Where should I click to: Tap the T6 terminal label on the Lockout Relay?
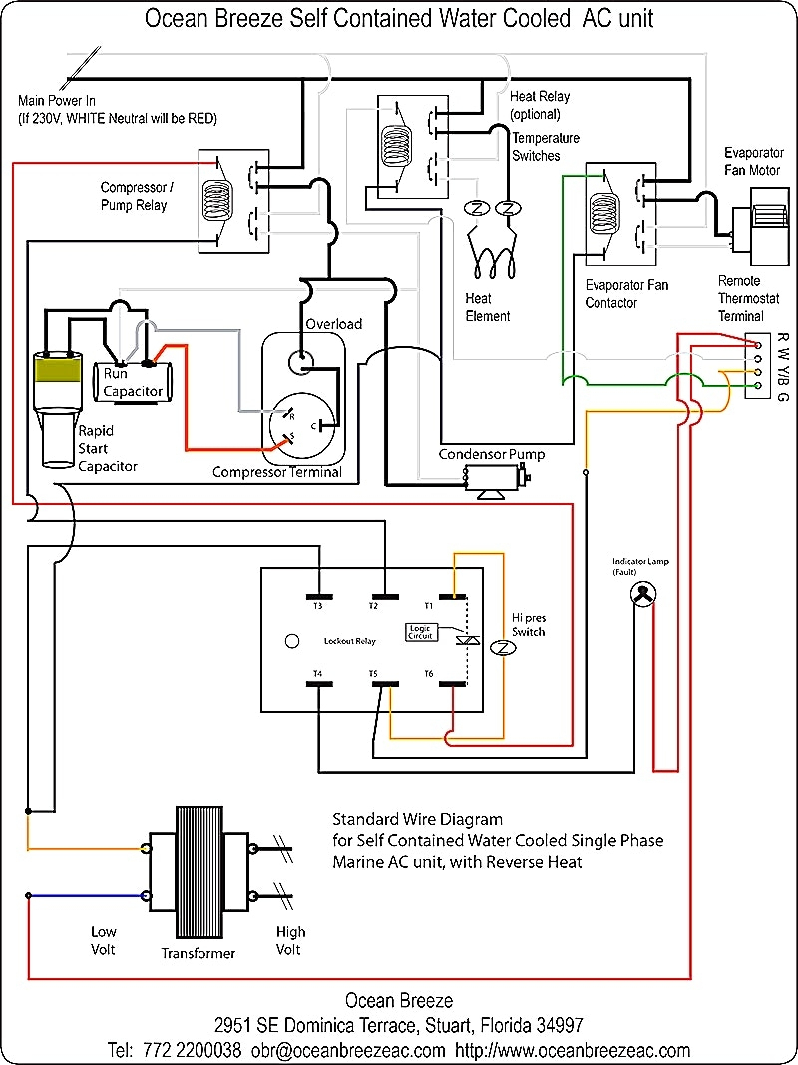pyautogui.click(x=429, y=674)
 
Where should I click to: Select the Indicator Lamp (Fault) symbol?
pyautogui.click(x=643, y=594)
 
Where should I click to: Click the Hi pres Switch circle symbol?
pyautogui.click(x=505, y=647)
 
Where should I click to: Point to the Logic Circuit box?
pyautogui.click(x=420, y=632)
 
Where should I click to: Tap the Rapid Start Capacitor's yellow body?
pyautogui.click(x=60, y=370)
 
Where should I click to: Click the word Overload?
pyautogui.click(x=334, y=324)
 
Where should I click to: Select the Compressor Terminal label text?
pyautogui.click(x=276, y=472)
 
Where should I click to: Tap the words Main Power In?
pyautogui.click(x=57, y=101)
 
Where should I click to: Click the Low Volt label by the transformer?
pyautogui.click(x=104, y=940)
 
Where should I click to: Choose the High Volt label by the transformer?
pyautogui.click(x=290, y=940)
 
